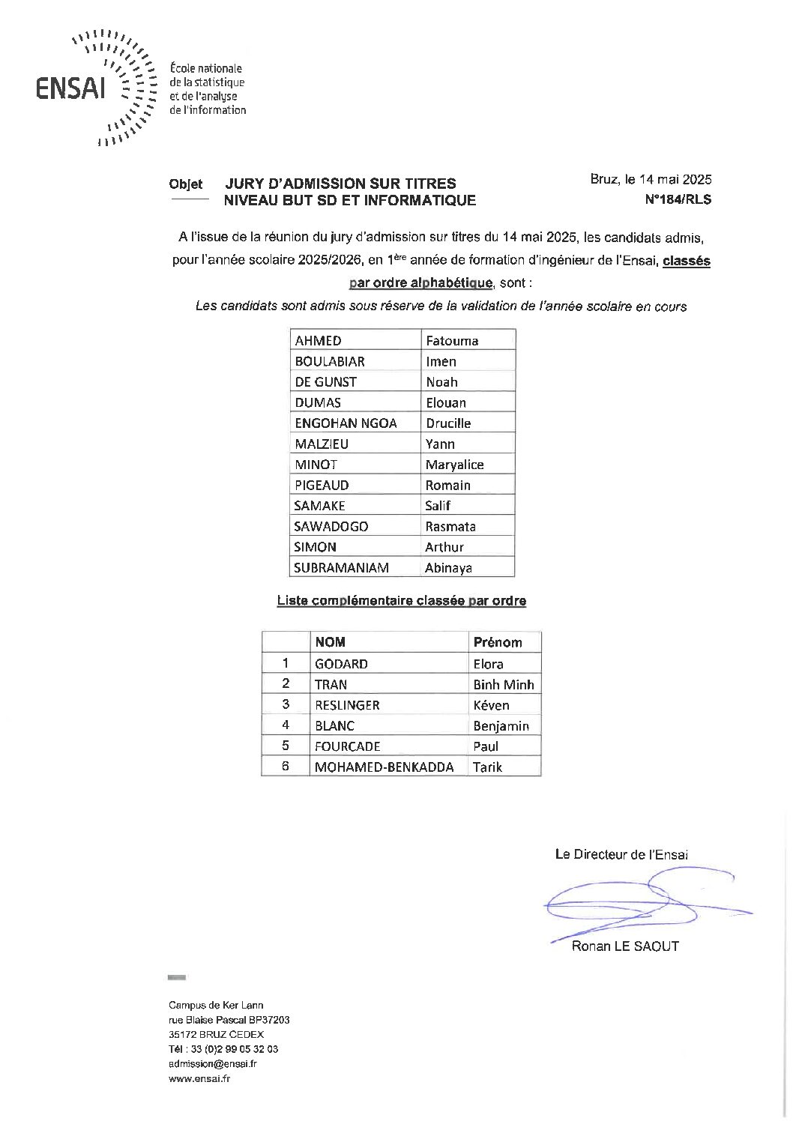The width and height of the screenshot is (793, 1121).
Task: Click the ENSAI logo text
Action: coord(71,88)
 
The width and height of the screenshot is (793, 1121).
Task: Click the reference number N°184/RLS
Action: coord(678,199)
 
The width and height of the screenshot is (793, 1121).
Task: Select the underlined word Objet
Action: coord(186,184)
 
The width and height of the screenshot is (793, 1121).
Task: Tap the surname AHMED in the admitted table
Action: coord(318,341)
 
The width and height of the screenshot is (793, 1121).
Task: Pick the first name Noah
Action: coord(441,382)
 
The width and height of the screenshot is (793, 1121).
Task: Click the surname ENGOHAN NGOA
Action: coord(346,423)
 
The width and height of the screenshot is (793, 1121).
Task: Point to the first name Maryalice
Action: coord(454,465)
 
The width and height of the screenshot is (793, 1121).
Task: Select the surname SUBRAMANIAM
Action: coord(341,568)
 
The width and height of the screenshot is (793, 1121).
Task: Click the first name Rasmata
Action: coord(450,527)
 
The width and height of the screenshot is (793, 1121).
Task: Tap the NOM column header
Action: coord(330,642)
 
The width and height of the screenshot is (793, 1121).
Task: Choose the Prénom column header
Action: coord(498,642)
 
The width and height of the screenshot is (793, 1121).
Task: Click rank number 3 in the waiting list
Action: coord(286,704)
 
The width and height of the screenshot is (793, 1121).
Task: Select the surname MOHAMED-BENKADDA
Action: coord(384,767)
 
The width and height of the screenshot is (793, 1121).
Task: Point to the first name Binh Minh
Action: coord(504,685)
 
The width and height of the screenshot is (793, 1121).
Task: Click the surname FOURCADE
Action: coord(348,746)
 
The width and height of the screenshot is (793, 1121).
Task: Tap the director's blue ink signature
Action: coord(645,903)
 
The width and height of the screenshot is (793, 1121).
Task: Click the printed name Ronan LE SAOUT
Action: coord(625,946)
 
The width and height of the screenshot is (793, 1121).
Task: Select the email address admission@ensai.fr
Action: coord(213,1063)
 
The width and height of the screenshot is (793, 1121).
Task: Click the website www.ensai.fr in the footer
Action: coord(199,1078)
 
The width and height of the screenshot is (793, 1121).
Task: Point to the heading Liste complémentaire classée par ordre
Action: coord(402,601)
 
